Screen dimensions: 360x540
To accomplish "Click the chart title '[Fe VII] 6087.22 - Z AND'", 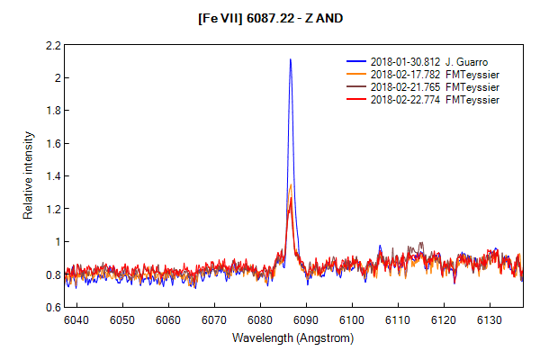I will tap(269, 17).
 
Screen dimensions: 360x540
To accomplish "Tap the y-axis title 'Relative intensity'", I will tap(29, 175).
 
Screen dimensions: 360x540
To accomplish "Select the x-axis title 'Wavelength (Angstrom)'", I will tap(292, 338).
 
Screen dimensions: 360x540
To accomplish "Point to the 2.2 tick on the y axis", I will tap(52, 45).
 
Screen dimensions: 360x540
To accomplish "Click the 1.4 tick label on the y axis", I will tap(52, 176).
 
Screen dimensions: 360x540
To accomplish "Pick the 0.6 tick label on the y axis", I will tap(52, 307).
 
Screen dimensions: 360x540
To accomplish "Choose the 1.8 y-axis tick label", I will tap(52, 111).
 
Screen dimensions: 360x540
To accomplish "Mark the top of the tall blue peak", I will tap(290, 59).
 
